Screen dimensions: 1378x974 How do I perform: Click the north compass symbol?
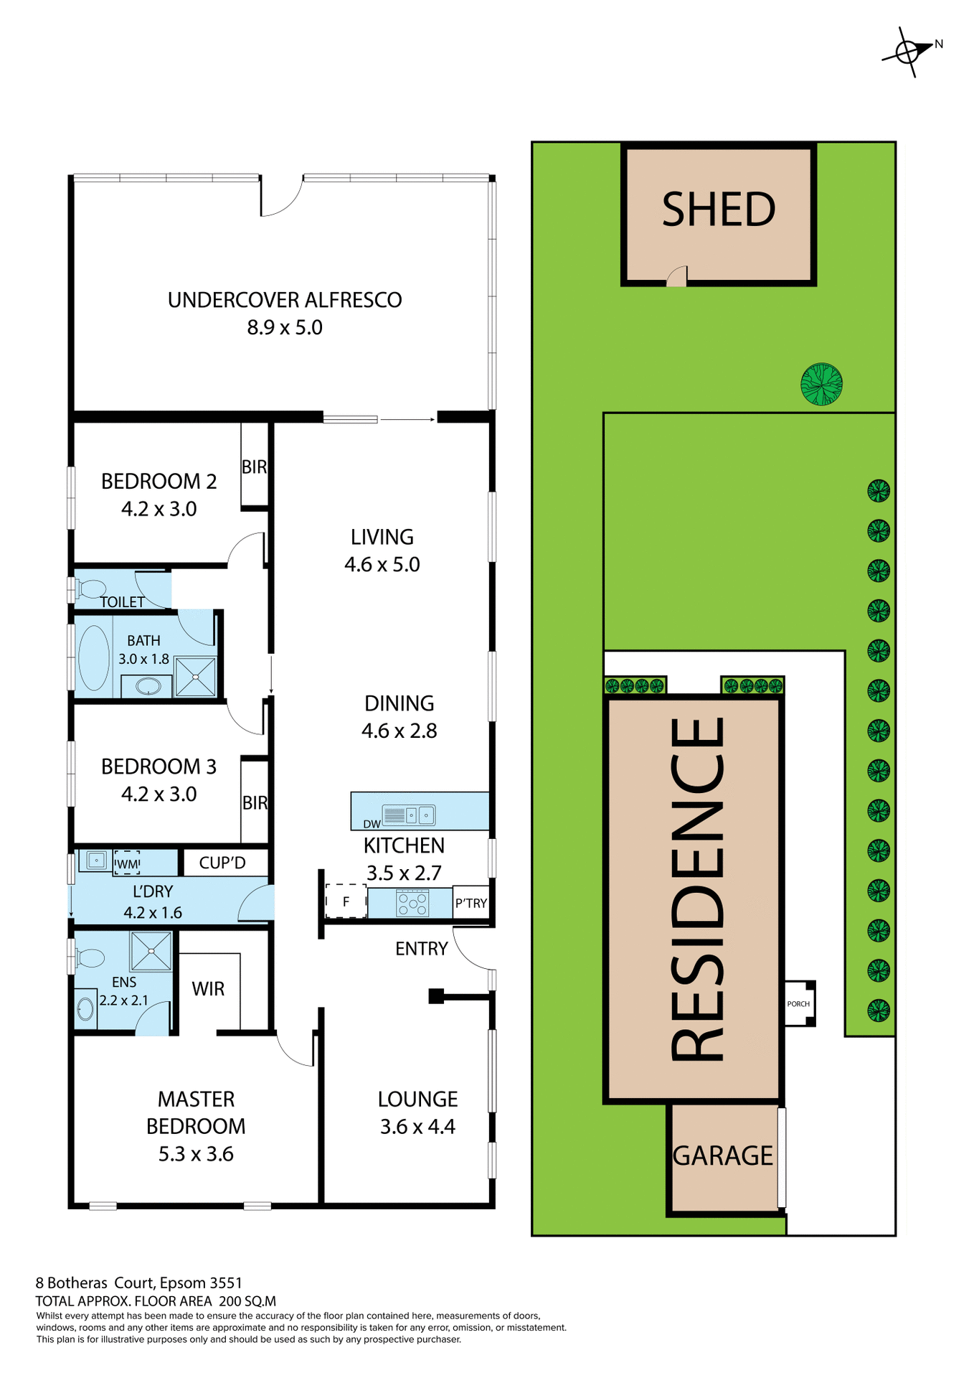(x=908, y=52)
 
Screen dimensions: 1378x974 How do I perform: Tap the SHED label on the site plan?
(x=719, y=210)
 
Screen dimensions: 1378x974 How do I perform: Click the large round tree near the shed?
(x=821, y=384)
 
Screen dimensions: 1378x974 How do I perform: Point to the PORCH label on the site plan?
(x=798, y=1004)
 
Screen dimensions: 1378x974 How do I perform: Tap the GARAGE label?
(x=723, y=1156)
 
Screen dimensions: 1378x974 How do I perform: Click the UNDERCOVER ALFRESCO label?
(x=285, y=300)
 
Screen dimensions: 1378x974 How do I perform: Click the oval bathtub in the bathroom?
(x=93, y=658)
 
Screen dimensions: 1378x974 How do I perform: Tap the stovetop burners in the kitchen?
(x=413, y=903)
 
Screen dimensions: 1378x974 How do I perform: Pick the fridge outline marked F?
(x=346, y=902)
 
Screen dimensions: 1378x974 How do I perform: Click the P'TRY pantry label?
(x=471, y=904)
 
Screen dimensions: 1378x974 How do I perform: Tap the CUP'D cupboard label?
(x=222, y=863)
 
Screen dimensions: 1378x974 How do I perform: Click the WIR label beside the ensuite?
(x=208, y=989)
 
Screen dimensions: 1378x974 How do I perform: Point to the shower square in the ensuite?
(x=151, y=951)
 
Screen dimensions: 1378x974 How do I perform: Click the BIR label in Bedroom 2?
(x=254, y=467)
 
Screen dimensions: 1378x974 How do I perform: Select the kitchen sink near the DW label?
(x=418, y=815)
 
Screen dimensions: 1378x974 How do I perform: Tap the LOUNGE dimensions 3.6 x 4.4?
(x=417, y=1127)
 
